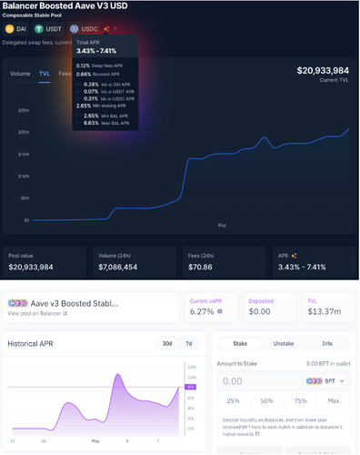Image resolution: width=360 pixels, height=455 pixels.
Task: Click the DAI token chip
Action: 17,29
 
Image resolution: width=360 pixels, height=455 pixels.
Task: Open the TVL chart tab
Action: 44,73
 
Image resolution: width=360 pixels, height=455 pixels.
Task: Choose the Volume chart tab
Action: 20,73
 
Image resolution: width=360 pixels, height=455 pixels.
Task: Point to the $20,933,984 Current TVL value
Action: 323,71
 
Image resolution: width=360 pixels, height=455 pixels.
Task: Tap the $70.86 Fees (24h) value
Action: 202,268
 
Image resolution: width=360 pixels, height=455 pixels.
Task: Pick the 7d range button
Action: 188,344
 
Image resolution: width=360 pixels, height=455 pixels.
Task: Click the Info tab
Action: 328,345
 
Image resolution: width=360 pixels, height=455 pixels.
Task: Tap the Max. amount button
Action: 334,401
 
